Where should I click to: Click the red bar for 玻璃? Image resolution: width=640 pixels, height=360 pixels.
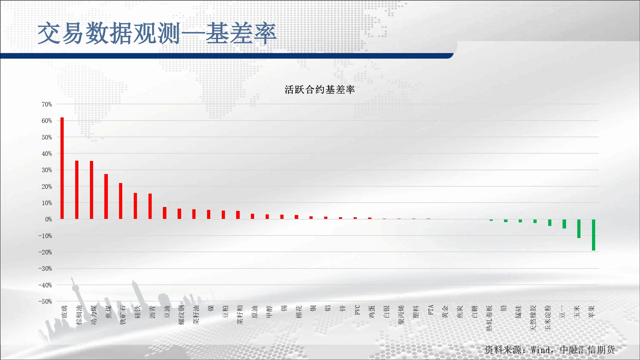(x=62, y=168)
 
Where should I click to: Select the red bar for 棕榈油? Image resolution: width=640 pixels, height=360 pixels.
(x=77, y=190)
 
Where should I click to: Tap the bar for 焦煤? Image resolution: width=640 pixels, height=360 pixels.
(x=106, y=196)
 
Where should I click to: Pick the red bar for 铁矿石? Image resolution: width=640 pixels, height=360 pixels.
(x=121, y=201)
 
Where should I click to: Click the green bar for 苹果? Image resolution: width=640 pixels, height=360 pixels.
(x=594, y=235)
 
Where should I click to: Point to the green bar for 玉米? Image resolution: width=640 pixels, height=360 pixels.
(x=579, y=228)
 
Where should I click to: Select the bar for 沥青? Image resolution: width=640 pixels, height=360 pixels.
(x=150, y=206)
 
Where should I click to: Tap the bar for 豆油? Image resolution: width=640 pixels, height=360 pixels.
(x=165, y=213)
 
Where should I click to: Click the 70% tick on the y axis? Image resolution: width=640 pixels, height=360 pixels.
(x=47, y=104)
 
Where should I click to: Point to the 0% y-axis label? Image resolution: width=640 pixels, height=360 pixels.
(x=48, y=219)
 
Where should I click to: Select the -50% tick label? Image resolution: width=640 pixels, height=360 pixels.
(x=45, y=301)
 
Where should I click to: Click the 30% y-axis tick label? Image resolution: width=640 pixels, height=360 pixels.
(x=47, y=170)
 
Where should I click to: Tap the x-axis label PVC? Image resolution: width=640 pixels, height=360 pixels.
(x=357, y=310)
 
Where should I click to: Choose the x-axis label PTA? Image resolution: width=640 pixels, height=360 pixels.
(x=431, y=310)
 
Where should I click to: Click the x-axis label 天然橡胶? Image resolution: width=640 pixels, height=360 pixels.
(x=533, y=318)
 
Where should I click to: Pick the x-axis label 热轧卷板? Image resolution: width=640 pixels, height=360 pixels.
(x=489, y=318)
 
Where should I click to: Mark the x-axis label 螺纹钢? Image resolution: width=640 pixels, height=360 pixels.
(x=182, y=315)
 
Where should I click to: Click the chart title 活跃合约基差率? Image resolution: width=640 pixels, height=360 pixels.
(x=320, y=90)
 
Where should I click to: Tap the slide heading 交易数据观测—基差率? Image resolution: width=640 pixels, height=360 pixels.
(x=157, y=33)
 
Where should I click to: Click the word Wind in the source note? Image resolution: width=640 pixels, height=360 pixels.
(x=541, y=350)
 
